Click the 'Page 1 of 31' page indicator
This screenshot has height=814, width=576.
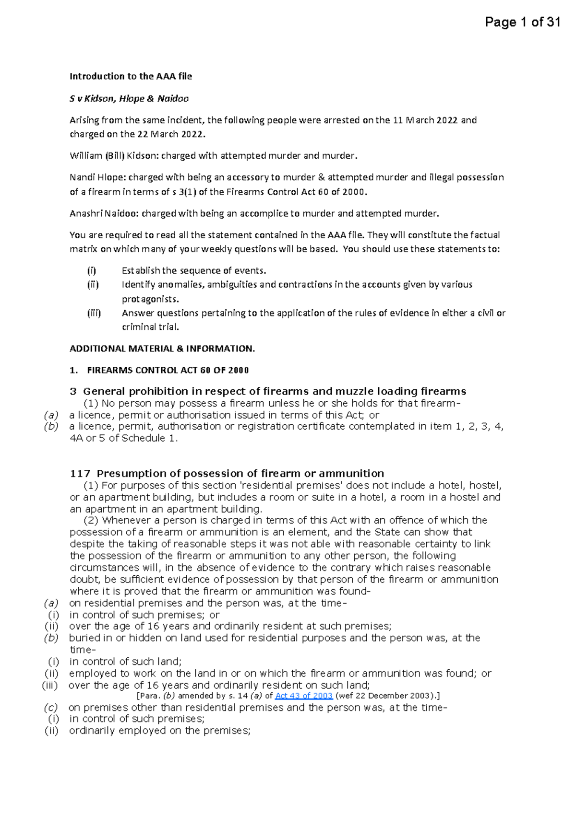522,22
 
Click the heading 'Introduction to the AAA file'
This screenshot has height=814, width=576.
131,76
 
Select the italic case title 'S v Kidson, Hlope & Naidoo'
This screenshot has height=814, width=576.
129,99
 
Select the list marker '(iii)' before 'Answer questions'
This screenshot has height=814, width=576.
94,313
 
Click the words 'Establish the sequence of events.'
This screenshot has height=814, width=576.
194,270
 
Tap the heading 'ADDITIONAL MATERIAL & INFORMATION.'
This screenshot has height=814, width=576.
162,349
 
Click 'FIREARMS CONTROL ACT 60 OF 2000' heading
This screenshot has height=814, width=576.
168,370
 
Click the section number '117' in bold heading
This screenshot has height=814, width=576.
80,474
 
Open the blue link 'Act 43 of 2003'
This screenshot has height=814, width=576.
303,696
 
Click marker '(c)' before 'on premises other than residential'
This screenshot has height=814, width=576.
50,708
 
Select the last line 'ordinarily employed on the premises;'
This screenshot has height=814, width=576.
160,731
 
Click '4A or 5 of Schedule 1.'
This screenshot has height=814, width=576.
123,438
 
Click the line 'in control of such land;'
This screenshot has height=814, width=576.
125,662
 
